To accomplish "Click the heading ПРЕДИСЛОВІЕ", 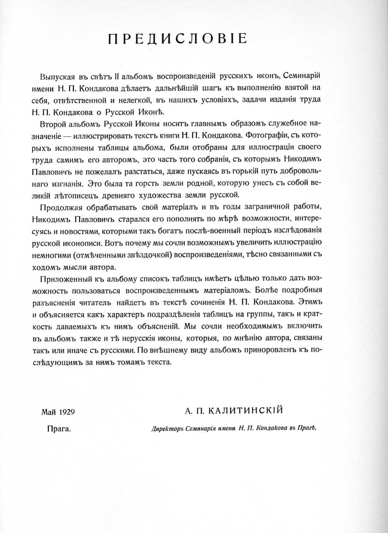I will (x=177, y=39).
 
